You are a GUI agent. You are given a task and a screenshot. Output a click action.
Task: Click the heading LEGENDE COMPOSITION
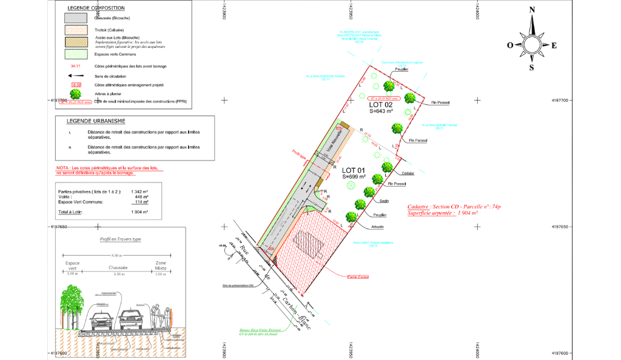97,8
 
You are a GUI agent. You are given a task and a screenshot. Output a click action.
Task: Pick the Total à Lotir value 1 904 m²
140,212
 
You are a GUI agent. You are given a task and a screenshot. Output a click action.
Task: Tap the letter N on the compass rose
532,10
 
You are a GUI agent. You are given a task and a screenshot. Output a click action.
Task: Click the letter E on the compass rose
554,45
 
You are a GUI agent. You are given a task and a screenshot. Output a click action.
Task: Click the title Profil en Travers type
120,239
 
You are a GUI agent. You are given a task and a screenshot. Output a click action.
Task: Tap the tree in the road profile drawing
72,300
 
